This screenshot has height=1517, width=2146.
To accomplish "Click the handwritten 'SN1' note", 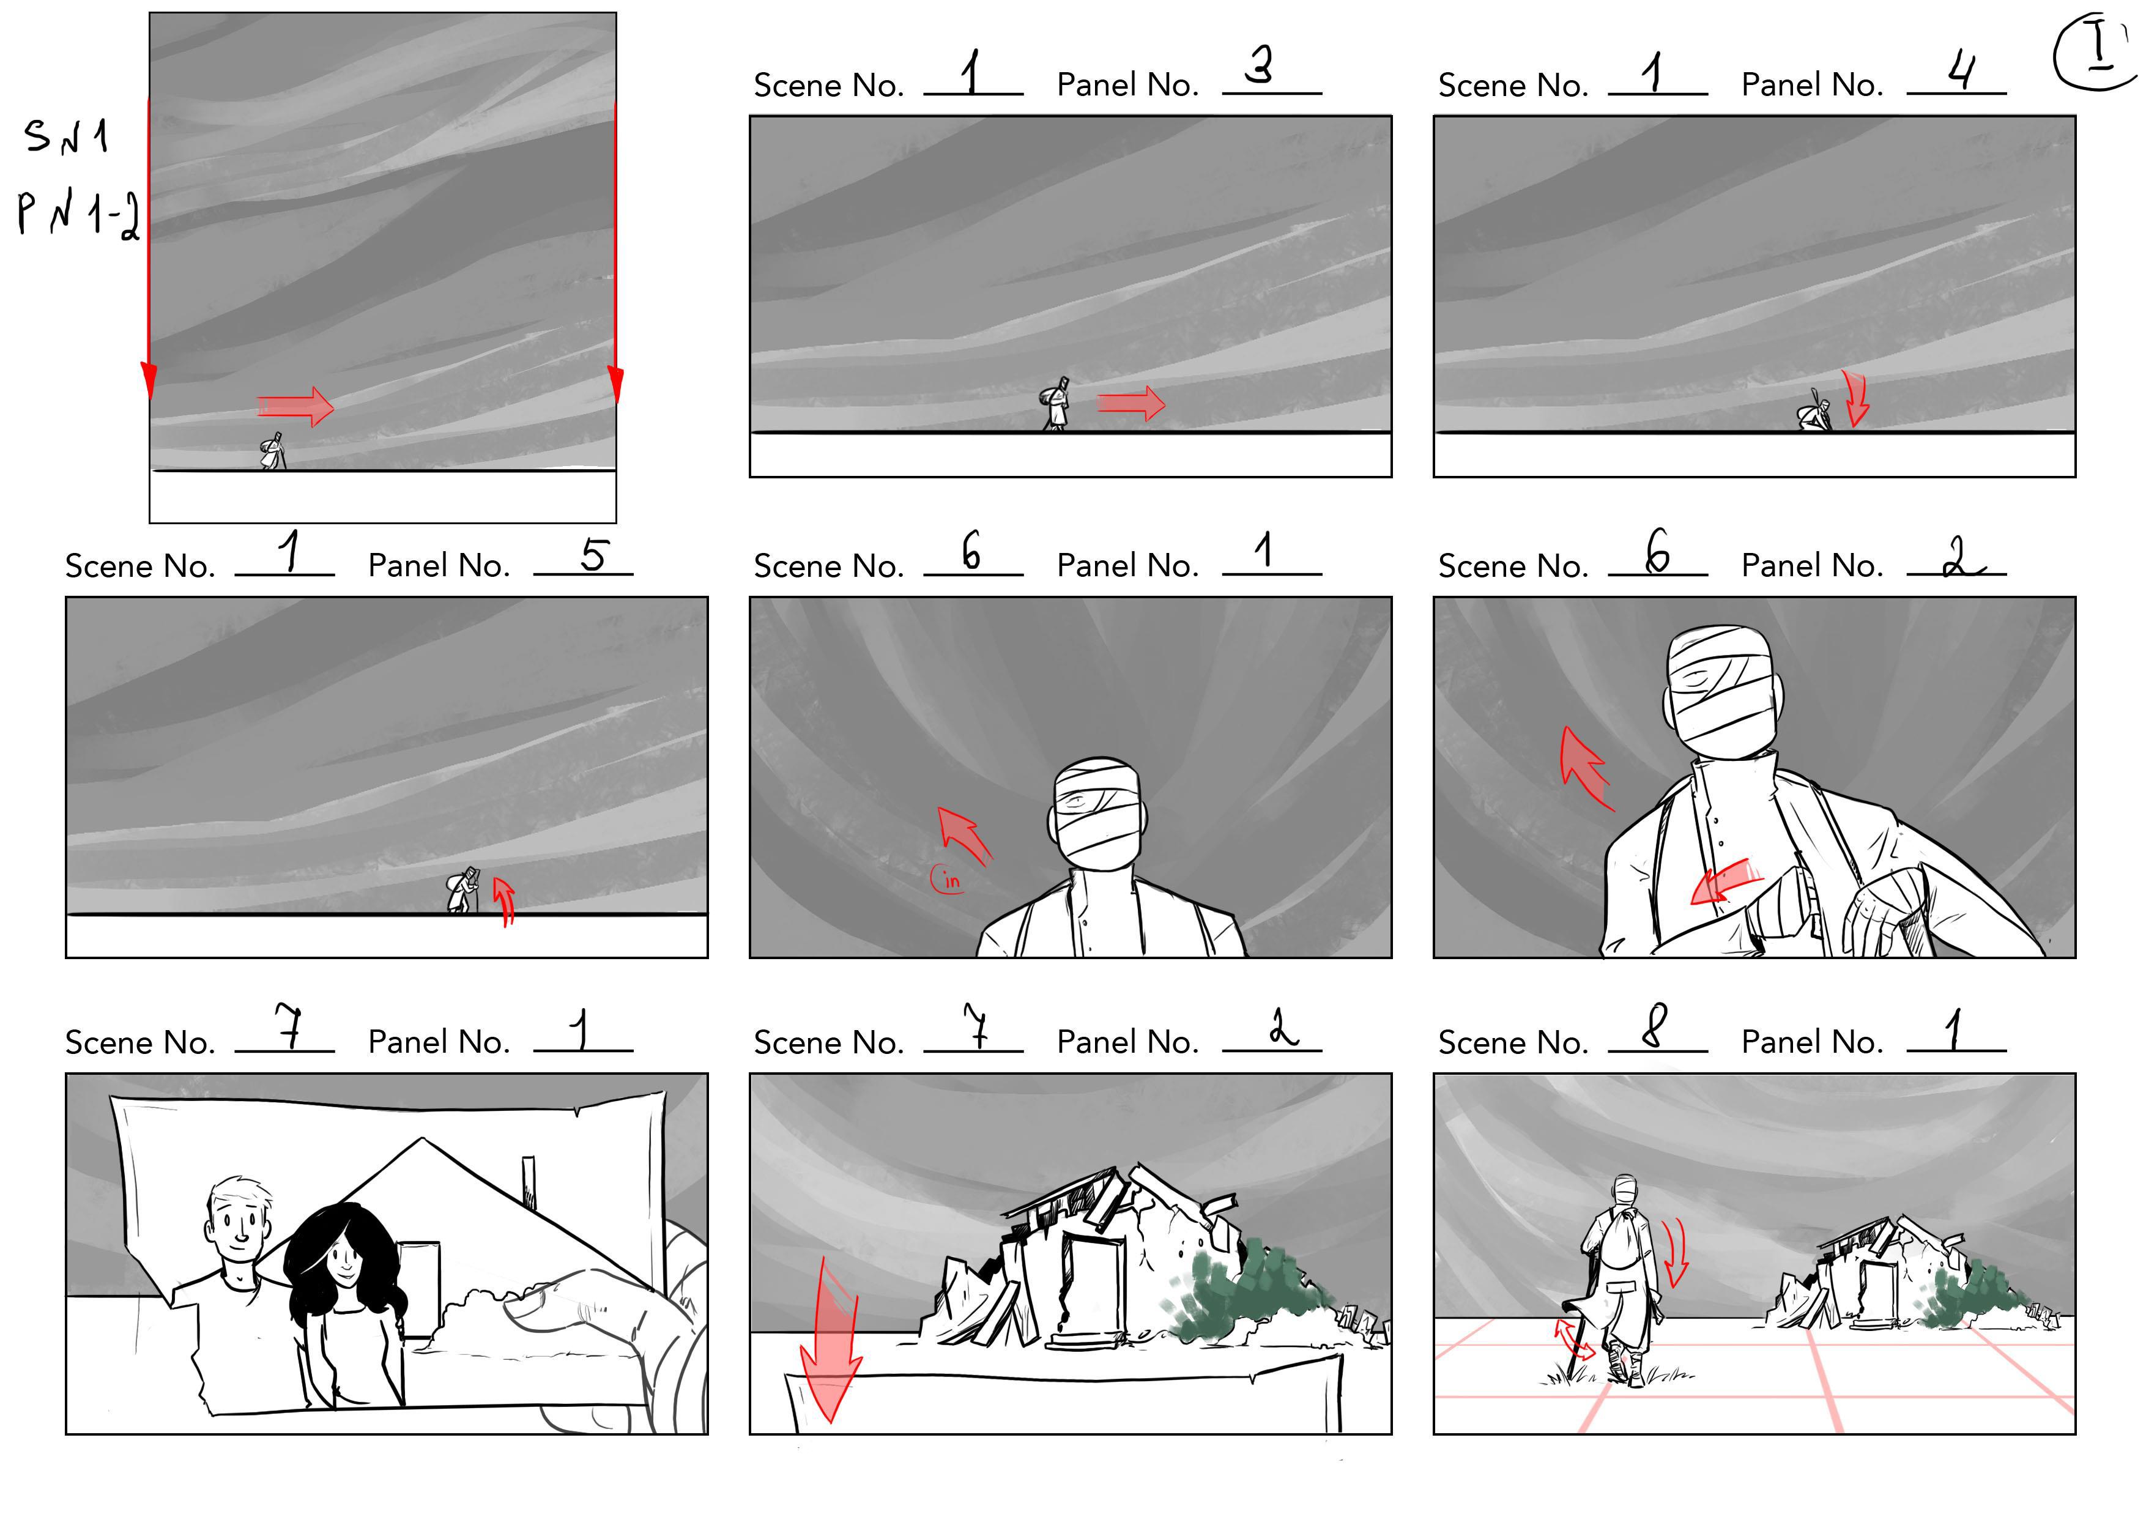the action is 66,136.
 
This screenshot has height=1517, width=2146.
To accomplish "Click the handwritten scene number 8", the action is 1654,1026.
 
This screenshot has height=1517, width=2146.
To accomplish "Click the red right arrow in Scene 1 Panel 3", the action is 1131,404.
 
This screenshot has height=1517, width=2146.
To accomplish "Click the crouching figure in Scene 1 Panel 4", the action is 1815,414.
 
